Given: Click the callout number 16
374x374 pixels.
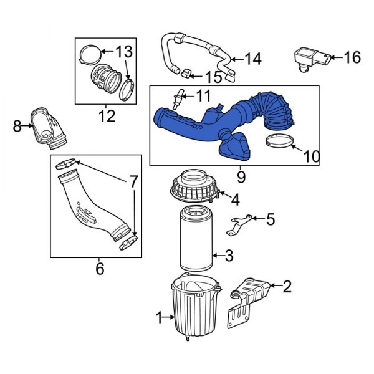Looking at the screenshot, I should click(x=352, y=58).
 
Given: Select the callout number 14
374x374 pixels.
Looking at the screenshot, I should click(x=252, y=59).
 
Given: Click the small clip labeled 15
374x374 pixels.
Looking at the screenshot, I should click(x=186, y=75).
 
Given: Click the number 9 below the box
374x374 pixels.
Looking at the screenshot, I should click(x=241, y=176).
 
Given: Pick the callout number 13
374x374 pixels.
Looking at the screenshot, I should click(x=124, y=50).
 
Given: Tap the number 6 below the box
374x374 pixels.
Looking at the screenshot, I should click(x=99, y=269).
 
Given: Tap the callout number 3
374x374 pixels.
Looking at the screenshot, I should click(x=229, y=255).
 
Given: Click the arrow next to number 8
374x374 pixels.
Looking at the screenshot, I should click(x=28, y=127).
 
